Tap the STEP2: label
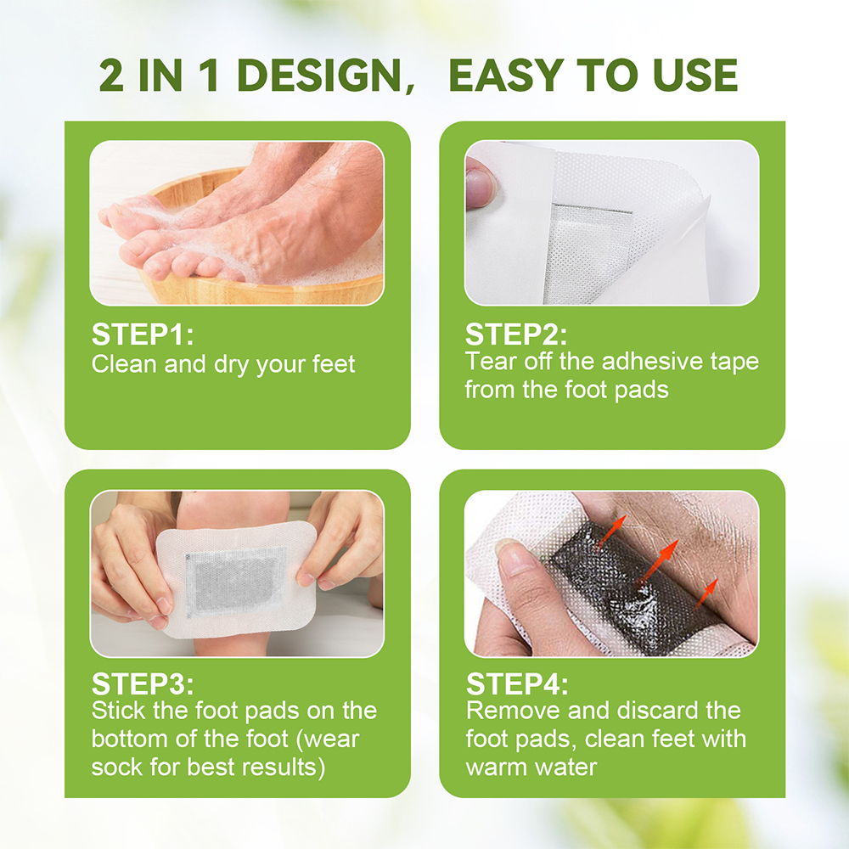click(x=516, y=334)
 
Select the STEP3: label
click(x=142, y=684)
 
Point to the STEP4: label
click(x=517, y=684)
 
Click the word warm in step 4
click(x=496, y=767)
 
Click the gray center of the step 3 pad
click(x=235, y=582)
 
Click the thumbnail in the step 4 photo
click(x=508, y=557)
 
